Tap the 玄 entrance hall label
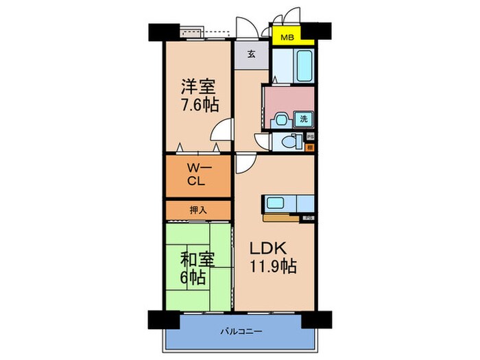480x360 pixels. click(252, 56)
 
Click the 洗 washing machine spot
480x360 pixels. click(304, 119)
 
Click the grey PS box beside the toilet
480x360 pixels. click(310, 136)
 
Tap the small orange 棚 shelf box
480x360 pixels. click(310, 147)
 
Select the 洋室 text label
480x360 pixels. click(198, 88)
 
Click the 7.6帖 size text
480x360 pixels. click(198, 106)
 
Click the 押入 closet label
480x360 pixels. click(198, 209)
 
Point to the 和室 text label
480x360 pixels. click(198, 261)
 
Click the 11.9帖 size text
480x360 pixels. click(273, 267)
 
